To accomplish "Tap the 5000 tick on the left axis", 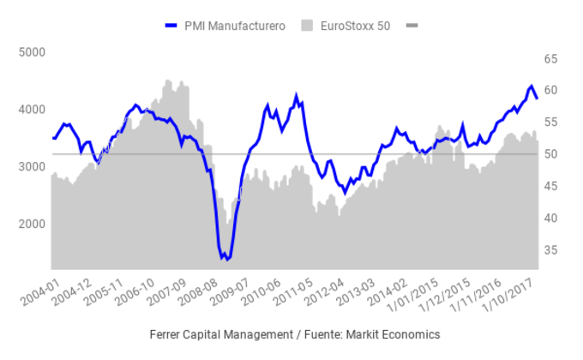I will coord(31,52).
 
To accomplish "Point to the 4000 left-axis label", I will coord(31,110).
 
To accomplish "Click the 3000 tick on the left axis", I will coord(31,166).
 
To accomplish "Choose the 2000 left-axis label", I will coord(31,224).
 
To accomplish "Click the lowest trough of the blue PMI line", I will coord(226,259).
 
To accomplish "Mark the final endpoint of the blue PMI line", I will coord(537,98).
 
